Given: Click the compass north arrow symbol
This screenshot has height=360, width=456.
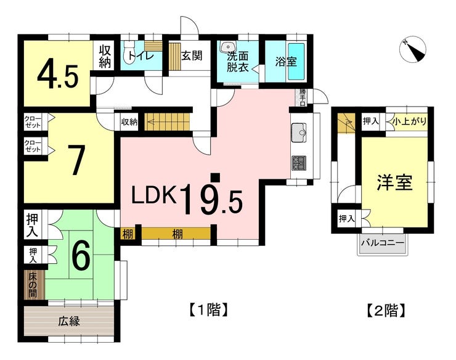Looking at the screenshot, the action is (x=413, y=49).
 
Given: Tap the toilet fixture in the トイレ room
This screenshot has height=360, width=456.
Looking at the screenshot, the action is (x=129, y=51).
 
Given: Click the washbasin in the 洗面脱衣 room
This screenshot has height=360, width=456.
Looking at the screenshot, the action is (x=228, y=47).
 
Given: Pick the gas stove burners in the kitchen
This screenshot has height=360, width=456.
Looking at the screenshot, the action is (x=299, y=163).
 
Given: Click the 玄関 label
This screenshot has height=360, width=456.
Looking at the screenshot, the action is (x=192, y=55).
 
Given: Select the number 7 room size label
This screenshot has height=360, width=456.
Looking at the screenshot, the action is (x=76, y=160).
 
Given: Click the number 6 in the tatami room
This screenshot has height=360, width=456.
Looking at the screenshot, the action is (x=81, y=255).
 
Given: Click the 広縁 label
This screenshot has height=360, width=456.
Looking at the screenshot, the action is (x=69, y=321).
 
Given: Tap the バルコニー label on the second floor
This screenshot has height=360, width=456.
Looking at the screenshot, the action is (x=383, y=243).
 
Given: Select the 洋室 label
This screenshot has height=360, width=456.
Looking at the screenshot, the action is (x=394, y=182).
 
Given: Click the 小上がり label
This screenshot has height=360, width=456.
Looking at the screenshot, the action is (x=409, y=121).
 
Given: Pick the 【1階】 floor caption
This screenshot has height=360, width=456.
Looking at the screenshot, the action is (x=208, y=309).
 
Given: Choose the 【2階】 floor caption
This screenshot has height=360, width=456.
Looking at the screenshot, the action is (x=385, y=310).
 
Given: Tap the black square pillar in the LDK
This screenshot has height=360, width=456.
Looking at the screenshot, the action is (x=215, y=178).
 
